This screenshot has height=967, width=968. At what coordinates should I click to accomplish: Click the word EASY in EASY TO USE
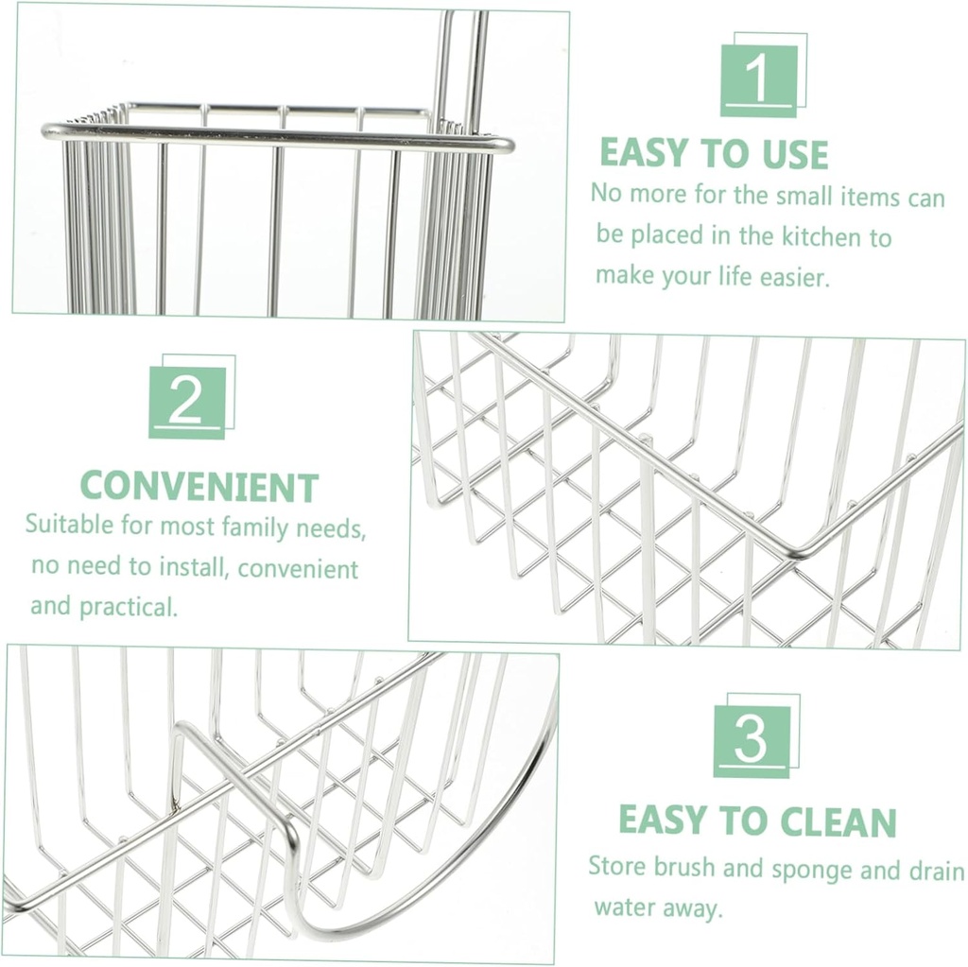tap(646, 153)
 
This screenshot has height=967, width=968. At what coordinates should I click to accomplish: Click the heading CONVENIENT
tap(199, 487)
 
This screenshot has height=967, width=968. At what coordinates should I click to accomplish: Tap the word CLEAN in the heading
tap(835, 821)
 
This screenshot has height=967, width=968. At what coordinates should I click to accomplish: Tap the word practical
tap(128, 606)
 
